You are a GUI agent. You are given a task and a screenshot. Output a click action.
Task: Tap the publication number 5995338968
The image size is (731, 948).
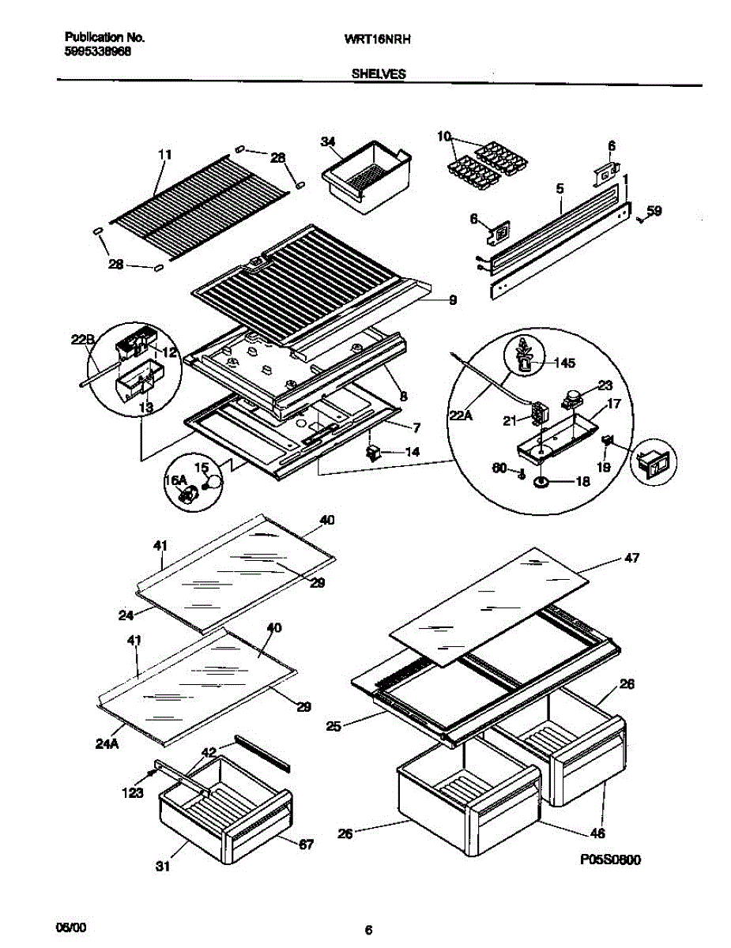(97, 51)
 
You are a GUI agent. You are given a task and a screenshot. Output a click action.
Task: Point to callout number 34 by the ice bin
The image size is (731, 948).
(328, 141)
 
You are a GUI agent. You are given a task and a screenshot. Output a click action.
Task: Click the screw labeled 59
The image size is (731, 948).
(639, 220)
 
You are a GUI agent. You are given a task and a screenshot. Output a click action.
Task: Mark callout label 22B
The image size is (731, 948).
(82, 340)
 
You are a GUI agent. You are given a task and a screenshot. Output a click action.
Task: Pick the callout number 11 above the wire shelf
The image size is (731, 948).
(164, 156)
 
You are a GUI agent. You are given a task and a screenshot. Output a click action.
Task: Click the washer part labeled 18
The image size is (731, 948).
(541, 481)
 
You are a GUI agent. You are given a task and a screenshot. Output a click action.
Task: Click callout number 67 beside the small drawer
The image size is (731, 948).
(306, 845)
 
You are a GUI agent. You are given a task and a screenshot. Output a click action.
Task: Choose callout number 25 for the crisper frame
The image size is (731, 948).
(333, 726)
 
